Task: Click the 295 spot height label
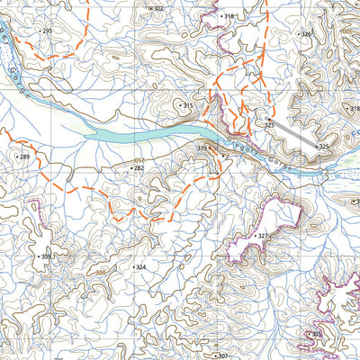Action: pyautogui.click(x=46, y=31)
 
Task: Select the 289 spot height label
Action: pyautogui.click(x=23, y=157)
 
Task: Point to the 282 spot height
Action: pyautogui.click(x=138, y=167)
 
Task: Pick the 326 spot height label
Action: pyautogui.click(x=305, y=34)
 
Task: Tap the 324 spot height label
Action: pyautogui.click(x=139, y=267)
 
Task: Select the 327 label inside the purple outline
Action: pyautogui.click(x=263, y=236)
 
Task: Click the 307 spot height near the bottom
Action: pyautogui.click(x=223, y=355)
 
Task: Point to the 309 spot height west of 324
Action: pyautogui.click(x=45, y=257)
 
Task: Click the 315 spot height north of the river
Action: pyautogui.click(x=187, y=106)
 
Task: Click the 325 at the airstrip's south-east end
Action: pyautogui.click(x=323, y=146)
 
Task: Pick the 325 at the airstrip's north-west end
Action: pyautogui.click(x=268, y=122)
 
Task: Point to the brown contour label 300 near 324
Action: pyautogui.click(x=101, y=272)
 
